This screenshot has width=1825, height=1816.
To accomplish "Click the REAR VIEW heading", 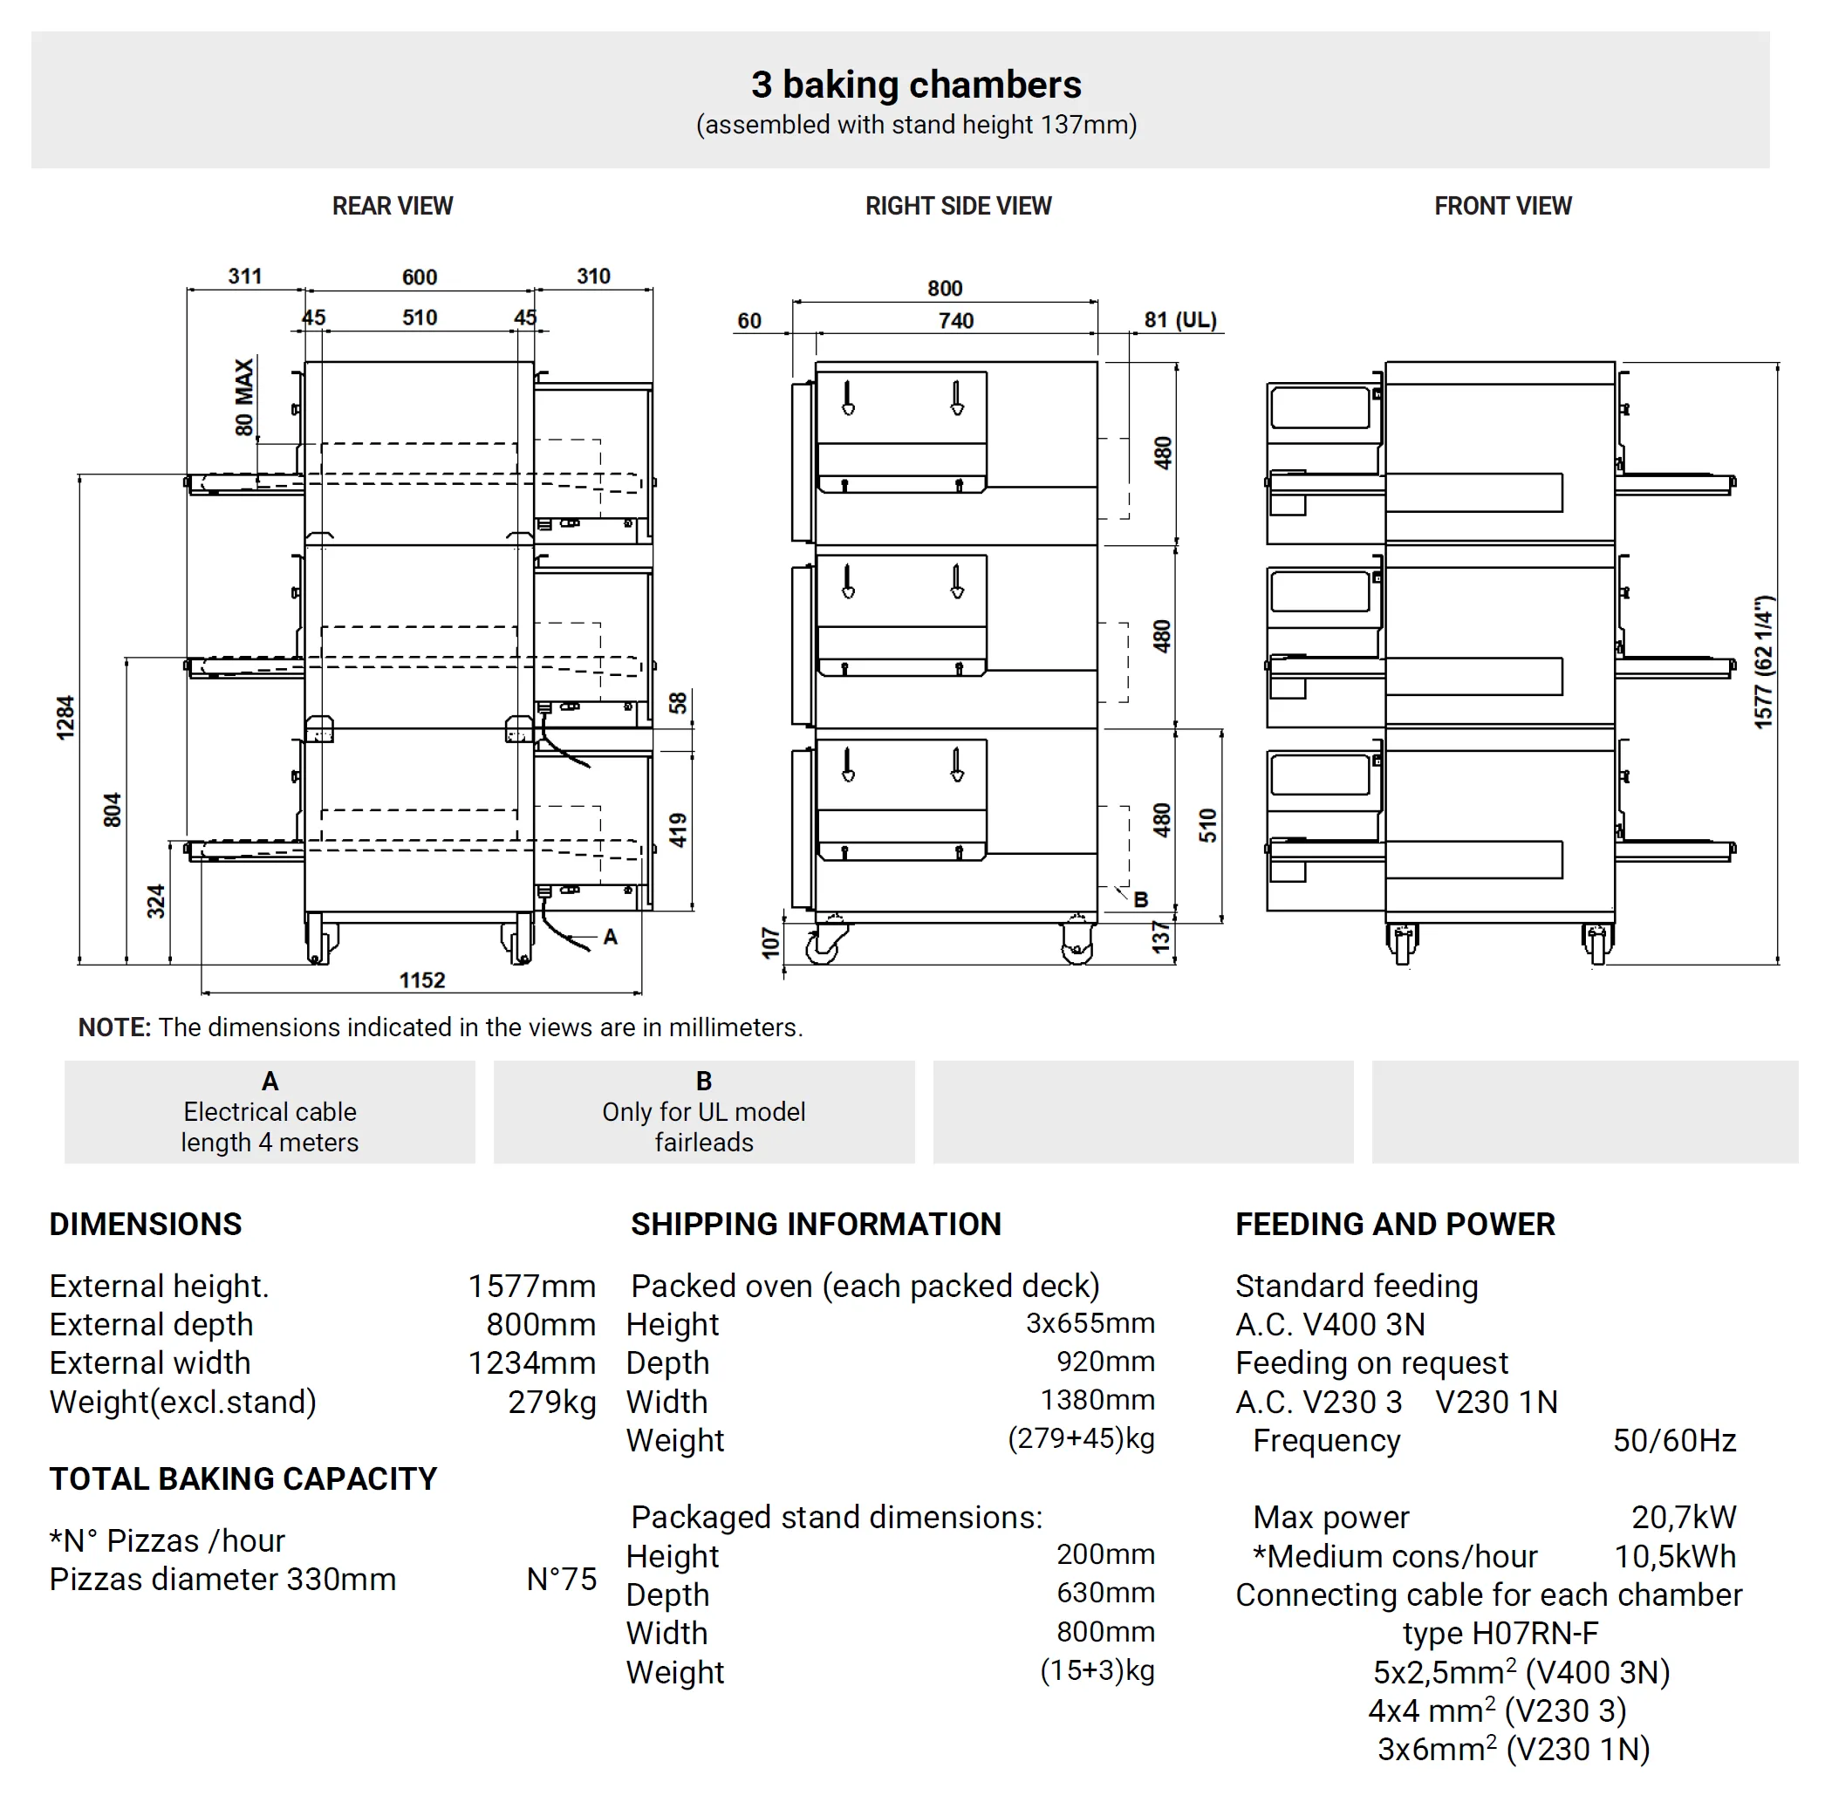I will point(392,206).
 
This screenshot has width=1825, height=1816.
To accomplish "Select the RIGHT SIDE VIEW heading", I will point(958,206).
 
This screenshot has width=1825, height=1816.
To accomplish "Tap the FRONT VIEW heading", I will point(1502,206).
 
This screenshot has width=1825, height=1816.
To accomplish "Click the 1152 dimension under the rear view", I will point(421,980).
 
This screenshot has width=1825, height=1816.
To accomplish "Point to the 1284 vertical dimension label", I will point(65,718).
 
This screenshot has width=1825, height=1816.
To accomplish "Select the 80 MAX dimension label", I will point(244,397).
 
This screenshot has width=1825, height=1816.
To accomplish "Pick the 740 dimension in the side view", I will point(956,321).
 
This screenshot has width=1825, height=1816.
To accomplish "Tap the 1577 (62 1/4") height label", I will point(1764,662).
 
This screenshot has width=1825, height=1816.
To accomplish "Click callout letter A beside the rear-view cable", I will point(610,937).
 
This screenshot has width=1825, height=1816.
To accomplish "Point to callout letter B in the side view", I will point(1141,900).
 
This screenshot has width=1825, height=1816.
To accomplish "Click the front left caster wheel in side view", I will point(824,944).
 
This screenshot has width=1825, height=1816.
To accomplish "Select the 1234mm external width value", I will point(532,1362).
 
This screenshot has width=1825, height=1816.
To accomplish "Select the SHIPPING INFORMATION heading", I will point(815,1224).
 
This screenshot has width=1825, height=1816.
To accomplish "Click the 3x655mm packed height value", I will point(1090,1323).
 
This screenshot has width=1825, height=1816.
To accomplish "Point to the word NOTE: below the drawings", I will point(114,1027).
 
